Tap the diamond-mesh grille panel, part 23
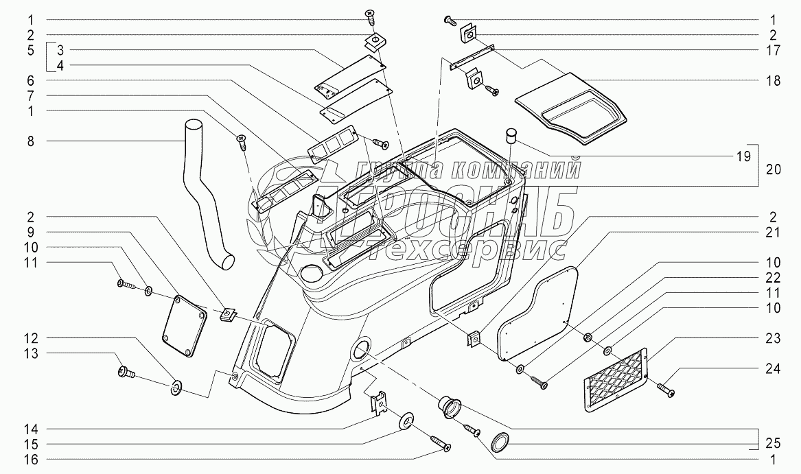tap(615, 380)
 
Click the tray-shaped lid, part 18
tap(573, 110)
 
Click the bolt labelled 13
tap(126, 373)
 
